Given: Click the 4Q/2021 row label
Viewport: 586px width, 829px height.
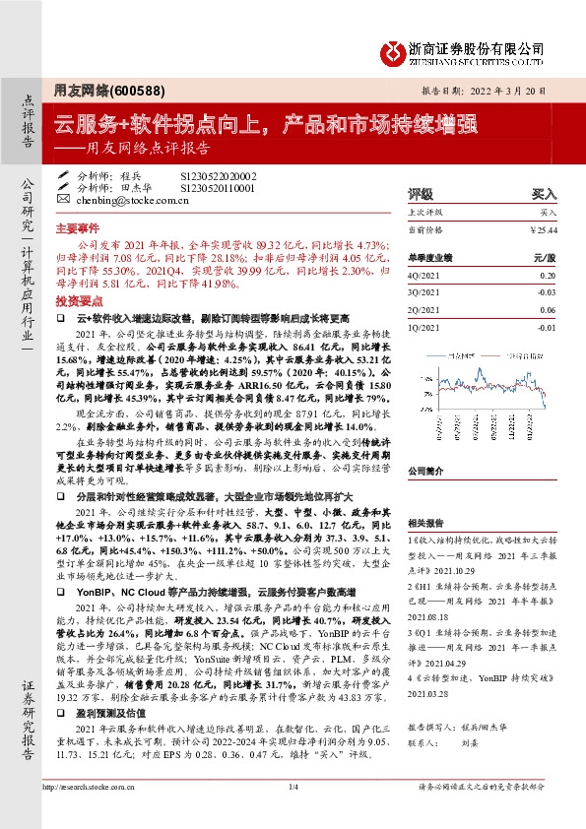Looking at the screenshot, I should [423, 278].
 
